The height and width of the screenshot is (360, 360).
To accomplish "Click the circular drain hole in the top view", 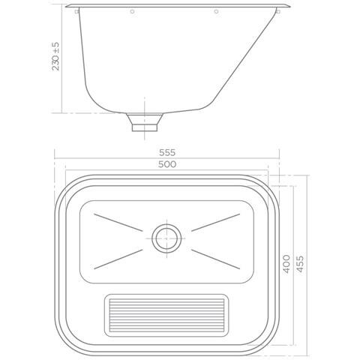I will pyautogui.click(x=165, y=238).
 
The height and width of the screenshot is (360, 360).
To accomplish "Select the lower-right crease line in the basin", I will pyautogui.click(x=214, y=256).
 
